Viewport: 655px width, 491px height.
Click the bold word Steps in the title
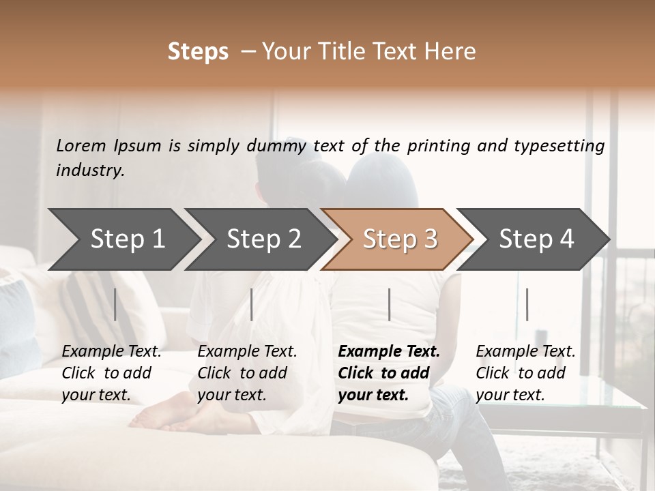click(x=198, y=52)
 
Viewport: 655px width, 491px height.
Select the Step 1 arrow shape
click(x=123, y=239)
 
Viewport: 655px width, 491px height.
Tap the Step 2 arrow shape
click(x=259, y=239)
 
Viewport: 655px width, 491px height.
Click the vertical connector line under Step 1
click(x=115, y=304)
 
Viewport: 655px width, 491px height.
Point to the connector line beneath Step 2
click(x=252, y=304)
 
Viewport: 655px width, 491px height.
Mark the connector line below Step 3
click(x=389, y=304)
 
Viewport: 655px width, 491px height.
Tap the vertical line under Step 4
click(x=527, y=304)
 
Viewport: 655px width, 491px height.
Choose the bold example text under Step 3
click(x=388, y=373)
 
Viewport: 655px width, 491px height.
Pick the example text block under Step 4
click(x=525, y=373)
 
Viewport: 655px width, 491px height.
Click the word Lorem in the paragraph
click(x=81, y=145)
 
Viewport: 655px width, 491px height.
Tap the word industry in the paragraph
click(x=89, y=170)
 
